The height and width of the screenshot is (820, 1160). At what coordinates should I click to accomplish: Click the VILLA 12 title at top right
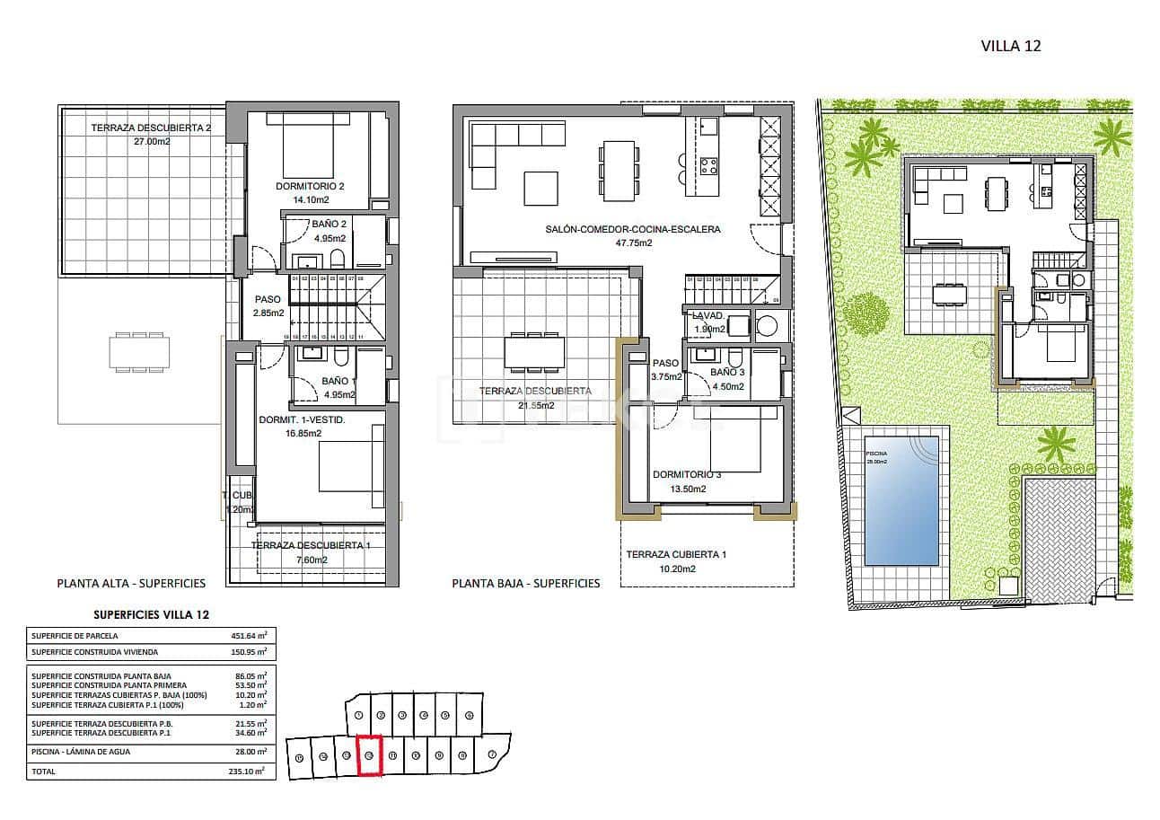[1010, 46]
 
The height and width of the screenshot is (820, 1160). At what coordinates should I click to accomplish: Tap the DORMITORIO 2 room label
[310, 187]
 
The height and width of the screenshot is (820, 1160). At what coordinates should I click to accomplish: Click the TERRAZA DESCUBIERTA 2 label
[150, 128]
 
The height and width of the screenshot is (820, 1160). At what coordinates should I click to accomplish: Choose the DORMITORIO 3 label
[687, 475]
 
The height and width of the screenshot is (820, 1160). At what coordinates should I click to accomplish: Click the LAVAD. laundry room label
[707, 316]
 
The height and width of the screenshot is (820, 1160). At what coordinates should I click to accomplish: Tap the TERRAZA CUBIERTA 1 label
[676, 555]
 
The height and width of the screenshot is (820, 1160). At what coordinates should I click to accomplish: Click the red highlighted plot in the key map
[370, 756]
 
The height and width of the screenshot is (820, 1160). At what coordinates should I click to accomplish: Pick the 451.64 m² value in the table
[249, 636]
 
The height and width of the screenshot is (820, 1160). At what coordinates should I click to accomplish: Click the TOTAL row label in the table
[43, 772]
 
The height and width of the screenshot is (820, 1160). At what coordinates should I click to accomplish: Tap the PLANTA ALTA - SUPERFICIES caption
[131, 583]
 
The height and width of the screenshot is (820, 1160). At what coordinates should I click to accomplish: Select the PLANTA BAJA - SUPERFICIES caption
[525, 583]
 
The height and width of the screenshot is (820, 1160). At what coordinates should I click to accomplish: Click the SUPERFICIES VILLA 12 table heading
[152, 614]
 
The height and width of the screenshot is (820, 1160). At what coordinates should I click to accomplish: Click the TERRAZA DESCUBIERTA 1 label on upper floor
[311, 545]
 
